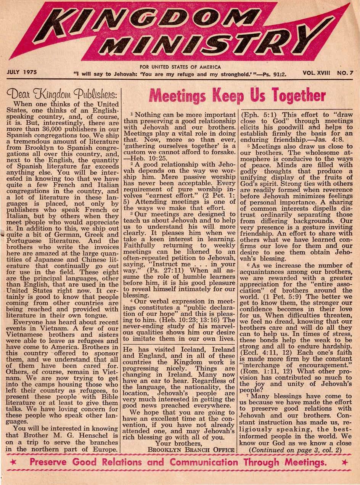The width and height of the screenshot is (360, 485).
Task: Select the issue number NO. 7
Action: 346,72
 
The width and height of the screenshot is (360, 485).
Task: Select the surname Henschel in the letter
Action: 97,436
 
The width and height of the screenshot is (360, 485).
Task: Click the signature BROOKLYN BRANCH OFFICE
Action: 191,450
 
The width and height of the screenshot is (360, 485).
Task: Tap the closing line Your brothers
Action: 177,443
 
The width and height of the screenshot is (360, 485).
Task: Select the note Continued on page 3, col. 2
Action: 295,450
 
